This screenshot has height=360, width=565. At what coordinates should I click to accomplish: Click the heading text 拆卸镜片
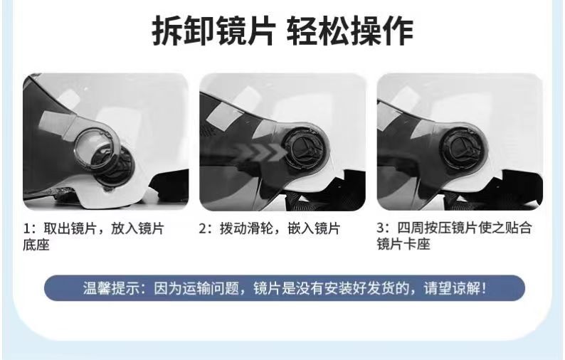click(x=213, y=31)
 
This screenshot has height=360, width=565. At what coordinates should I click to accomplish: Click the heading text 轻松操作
click(x=350, y=31)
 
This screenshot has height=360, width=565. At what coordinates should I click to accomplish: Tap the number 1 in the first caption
click(x=26, y=229)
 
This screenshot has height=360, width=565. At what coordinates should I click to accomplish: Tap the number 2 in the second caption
click(x=203, y=229)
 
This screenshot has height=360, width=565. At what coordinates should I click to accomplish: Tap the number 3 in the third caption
click(x=381, y=228)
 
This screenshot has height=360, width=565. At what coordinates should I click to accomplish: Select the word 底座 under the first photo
click(x=36, y=245)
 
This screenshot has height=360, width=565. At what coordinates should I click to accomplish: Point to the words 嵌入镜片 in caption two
click(x=314, y=229)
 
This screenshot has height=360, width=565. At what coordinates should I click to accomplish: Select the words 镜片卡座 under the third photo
click(x=403, y=244)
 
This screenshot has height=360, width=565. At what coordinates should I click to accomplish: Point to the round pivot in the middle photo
click(x=305, y=149)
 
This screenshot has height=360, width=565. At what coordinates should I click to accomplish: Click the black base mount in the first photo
click(x=116, y=166)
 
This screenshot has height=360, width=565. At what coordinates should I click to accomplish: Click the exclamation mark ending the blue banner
click(x=484, y=288)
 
